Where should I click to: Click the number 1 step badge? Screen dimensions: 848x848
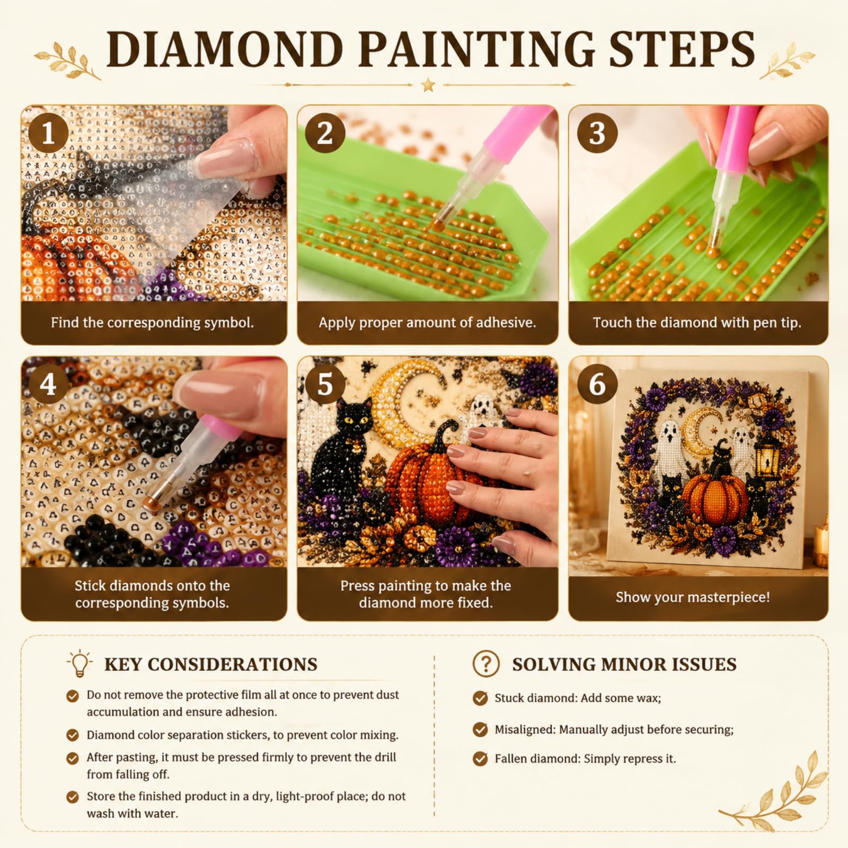click(x=48, y=132)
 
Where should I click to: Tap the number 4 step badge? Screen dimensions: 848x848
click(x=48, y=384)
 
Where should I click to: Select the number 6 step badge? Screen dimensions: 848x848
click(x=597, y=384)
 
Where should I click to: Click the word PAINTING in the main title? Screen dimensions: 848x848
click(x=477, y=49)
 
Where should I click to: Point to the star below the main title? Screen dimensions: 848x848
click(x=428, y=84)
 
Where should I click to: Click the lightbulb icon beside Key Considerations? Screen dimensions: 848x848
click(x=79, y=663)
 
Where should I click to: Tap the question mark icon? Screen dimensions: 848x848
click(x=486, y=664)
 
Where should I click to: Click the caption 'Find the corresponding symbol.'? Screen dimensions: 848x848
click(x=152, y=322)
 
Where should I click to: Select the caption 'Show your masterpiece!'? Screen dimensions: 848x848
click(x=693, y=597)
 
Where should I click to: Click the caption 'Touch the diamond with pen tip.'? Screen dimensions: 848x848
click(x=697, y=322)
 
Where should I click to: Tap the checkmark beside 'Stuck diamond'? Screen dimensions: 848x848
click(x=480, y=698)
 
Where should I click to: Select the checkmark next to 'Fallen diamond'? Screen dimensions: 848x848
click(x=480, y=759)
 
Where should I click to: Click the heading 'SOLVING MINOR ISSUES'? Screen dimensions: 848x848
click(x=624, y=664)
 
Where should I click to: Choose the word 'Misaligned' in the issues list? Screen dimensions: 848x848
click(x=525, y=730)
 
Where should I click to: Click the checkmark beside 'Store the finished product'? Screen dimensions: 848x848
click(x=73, y=797)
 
